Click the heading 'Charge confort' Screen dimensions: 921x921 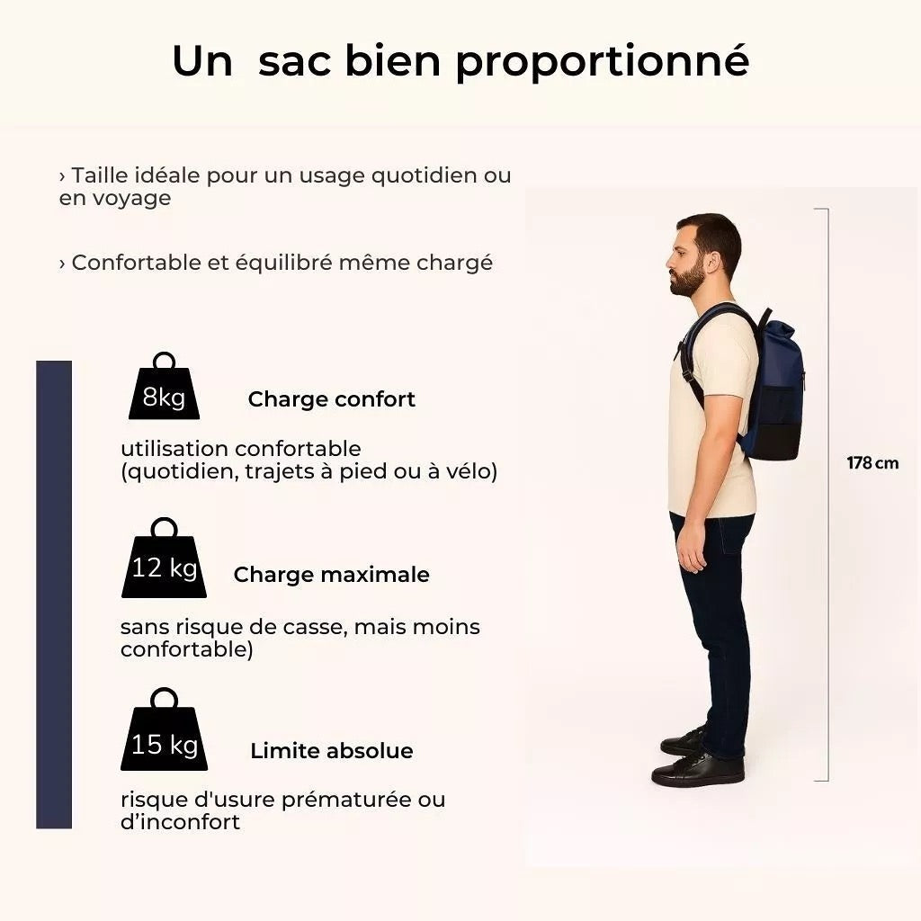pyautogui.click(x=331, y=399)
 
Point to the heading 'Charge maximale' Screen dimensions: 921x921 pyautogui.click(x=331, y=575)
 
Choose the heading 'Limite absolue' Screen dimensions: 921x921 pyautogui.click(x=331, y=751)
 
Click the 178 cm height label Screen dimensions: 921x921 pyautogui.click(x=872, y=463)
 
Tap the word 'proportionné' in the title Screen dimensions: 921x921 pyautogui.click(x=602, y=61)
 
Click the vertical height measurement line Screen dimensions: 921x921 pyautogui.click(x=827, y=495)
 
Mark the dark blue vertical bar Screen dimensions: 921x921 pyautogui.click(x=54, y=594)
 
